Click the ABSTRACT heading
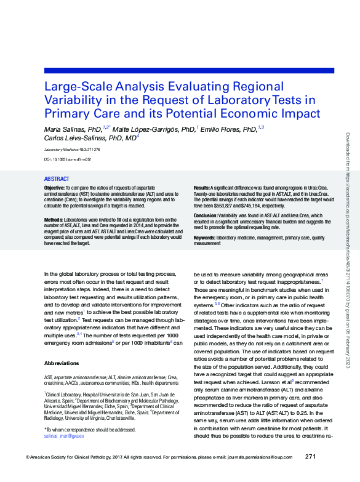point(56,179)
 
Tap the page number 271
point(311,456)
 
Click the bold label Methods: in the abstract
point(54,220)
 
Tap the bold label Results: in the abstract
point(202,187)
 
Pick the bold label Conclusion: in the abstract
point(206,215)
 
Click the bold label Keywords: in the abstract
point(204,238)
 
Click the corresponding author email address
point(64,435)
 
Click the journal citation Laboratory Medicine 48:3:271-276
point(72,150)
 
